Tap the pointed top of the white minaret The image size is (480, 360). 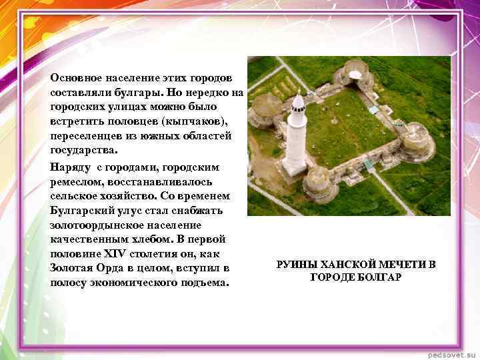299,94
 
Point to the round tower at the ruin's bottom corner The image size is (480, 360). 319,183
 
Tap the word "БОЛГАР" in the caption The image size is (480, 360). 378,277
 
